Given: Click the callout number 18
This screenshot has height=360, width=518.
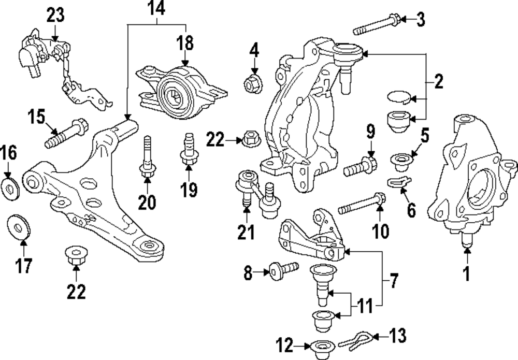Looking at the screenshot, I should point(185,42).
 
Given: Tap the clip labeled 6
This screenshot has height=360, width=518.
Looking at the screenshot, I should point(399,183).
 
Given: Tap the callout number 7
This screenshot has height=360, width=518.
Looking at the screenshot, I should point(394,281).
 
